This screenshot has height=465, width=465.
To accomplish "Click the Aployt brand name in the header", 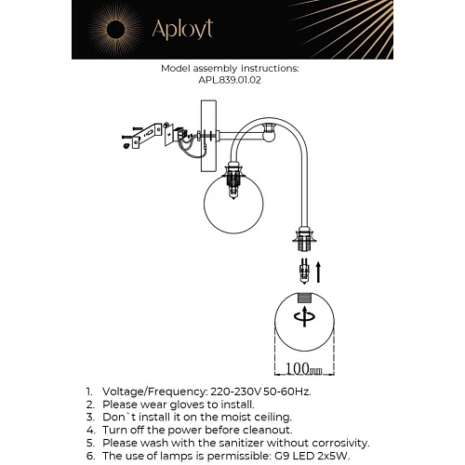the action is (x=182, y=30).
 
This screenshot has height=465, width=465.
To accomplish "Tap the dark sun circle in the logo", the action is (x=115, y=30).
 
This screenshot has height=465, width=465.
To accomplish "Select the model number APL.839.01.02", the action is (x=230, y=80).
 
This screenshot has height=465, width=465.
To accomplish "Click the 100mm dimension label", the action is (x=303, y=368).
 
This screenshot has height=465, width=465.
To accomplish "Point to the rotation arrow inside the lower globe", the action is (x=304, y=317).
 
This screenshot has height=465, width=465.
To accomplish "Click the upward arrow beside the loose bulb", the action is (x=318, y=272).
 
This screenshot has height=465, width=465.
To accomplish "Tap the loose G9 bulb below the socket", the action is (x=304, y=272).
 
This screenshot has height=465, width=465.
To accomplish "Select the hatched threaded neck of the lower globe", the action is (x=304, y=298).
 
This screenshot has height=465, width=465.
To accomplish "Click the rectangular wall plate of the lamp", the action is (x=208, y=136).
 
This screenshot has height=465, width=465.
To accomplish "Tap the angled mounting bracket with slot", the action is (x=147, y=135).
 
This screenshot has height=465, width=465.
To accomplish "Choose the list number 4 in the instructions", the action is (x=90, y=430).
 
